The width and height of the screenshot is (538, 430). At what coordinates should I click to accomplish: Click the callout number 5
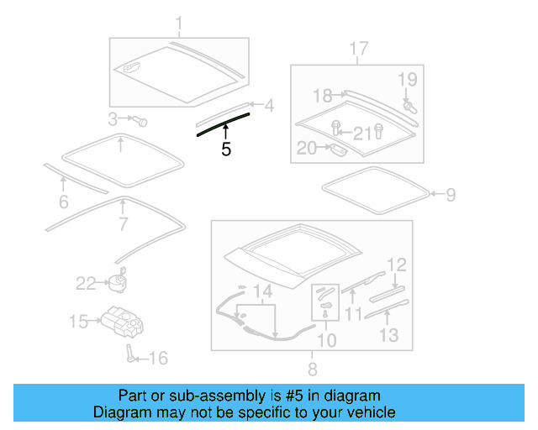click(x=225, y=149)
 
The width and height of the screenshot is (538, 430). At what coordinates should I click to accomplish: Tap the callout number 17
click(x=359, y=49)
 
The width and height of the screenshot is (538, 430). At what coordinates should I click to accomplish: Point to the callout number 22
click(x=87, y=284)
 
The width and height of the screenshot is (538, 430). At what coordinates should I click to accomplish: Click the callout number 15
click(x=78, y=321)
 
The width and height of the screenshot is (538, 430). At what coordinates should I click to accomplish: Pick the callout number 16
click(x=158, y=359)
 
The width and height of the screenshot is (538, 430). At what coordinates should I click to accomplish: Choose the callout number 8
click(x=312, y=369)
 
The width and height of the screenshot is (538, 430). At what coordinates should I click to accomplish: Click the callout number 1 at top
click(x=178, y=22)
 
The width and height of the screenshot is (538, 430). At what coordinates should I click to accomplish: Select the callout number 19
click(x=408, y=80)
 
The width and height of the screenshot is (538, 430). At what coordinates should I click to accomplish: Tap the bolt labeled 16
click(x=131, y=352)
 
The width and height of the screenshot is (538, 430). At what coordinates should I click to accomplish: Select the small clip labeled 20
click(x=337, y=151)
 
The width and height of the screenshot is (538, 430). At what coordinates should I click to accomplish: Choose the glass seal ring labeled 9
click(x=375, y=192)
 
